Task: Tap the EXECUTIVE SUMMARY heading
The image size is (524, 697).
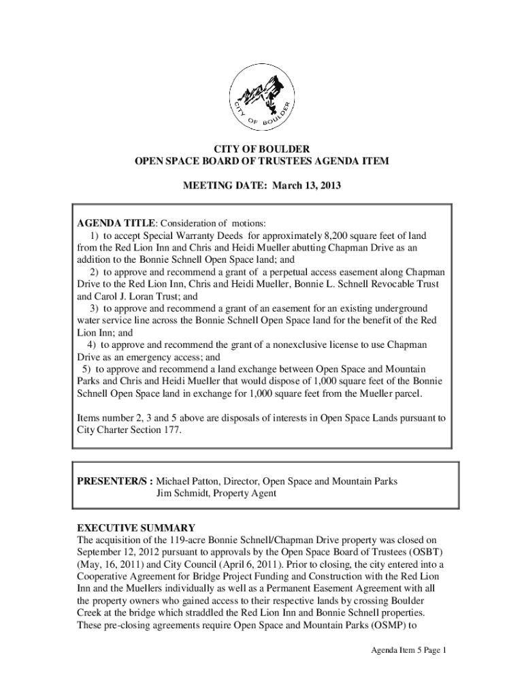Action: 136,528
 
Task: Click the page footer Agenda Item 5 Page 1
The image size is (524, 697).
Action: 403,650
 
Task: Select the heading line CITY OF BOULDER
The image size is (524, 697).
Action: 262,148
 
